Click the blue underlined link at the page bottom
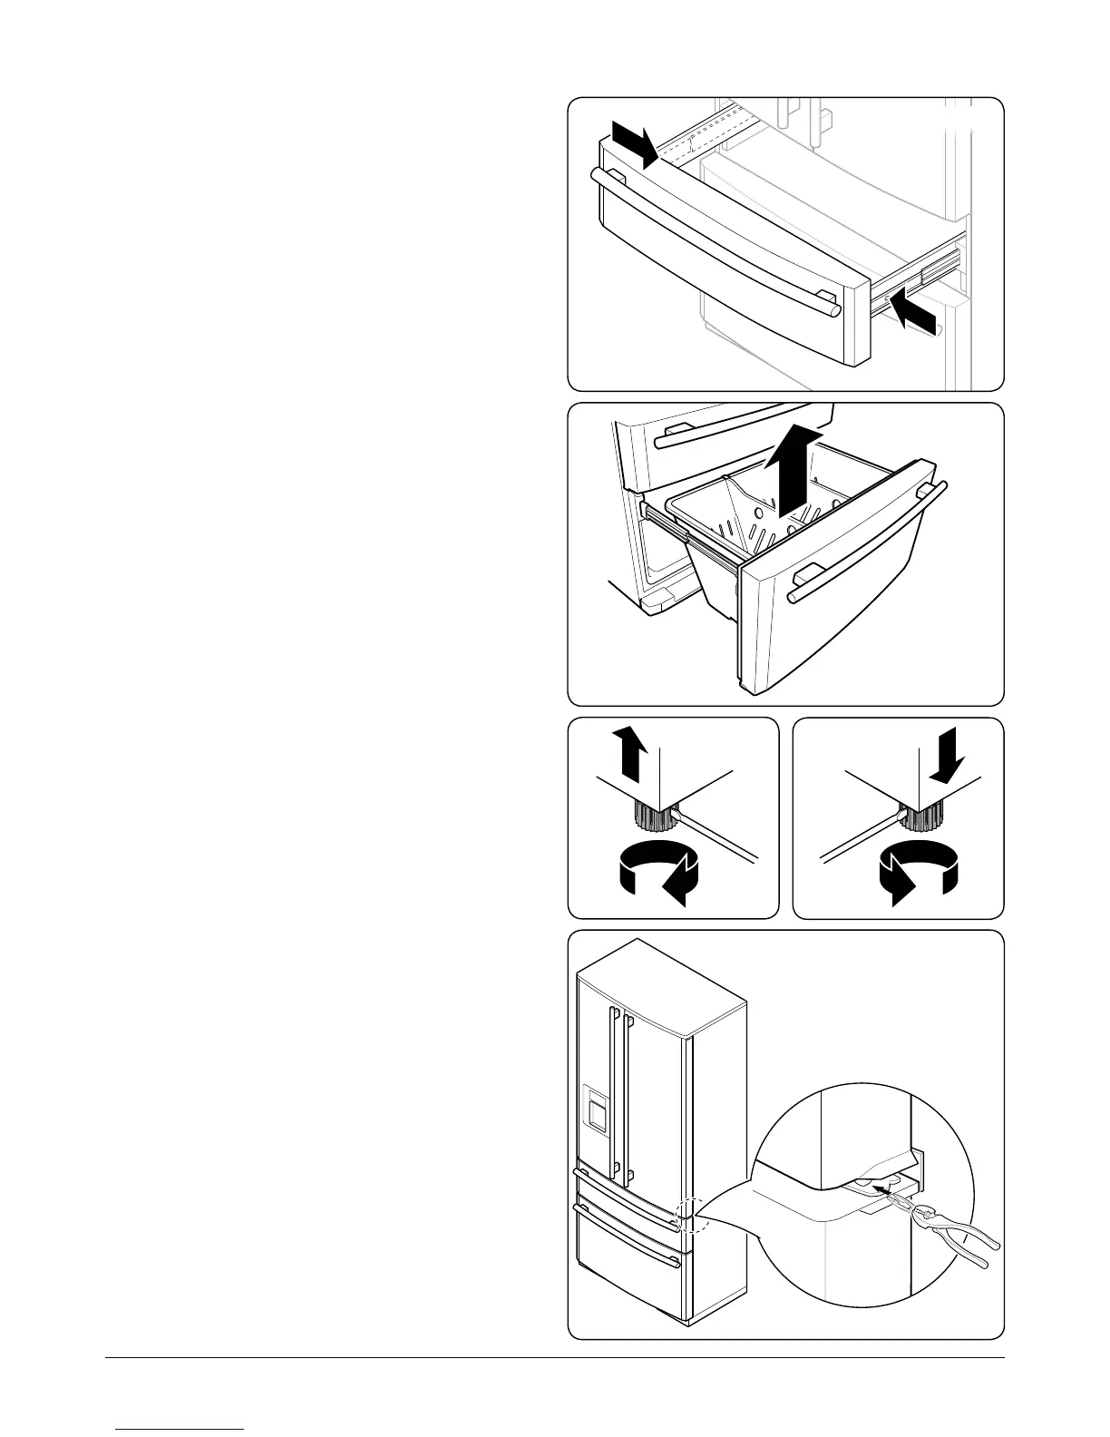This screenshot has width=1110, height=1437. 180,1429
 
